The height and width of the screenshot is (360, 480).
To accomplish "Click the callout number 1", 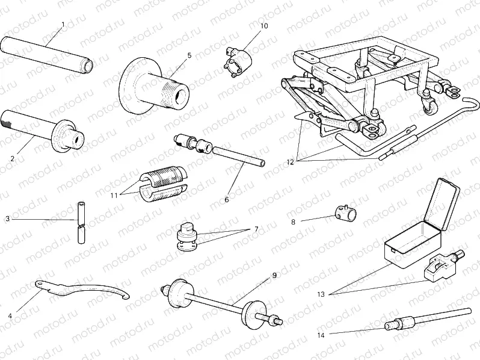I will pos(63,25).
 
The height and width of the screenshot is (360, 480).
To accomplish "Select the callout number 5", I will pos(189,55).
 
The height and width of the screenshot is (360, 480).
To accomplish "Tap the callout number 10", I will pos(264,26).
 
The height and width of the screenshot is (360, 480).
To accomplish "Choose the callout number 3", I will pos(8,220).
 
